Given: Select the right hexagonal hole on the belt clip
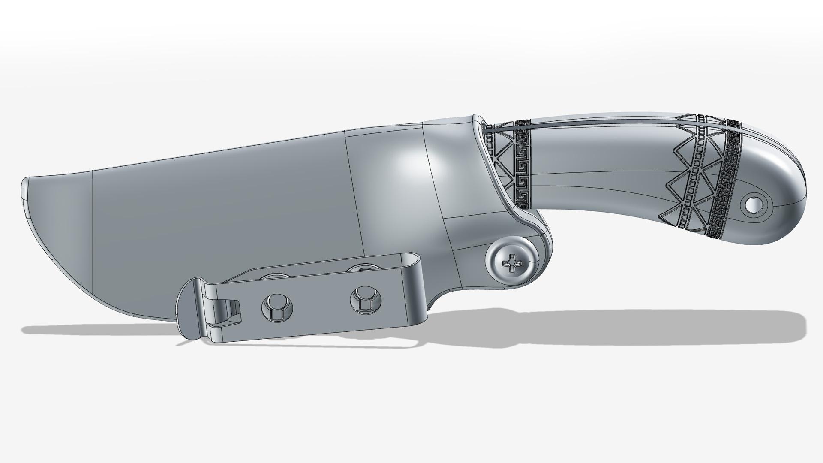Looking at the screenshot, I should [365, 298].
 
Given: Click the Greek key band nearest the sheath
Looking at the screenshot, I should [522, 167].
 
